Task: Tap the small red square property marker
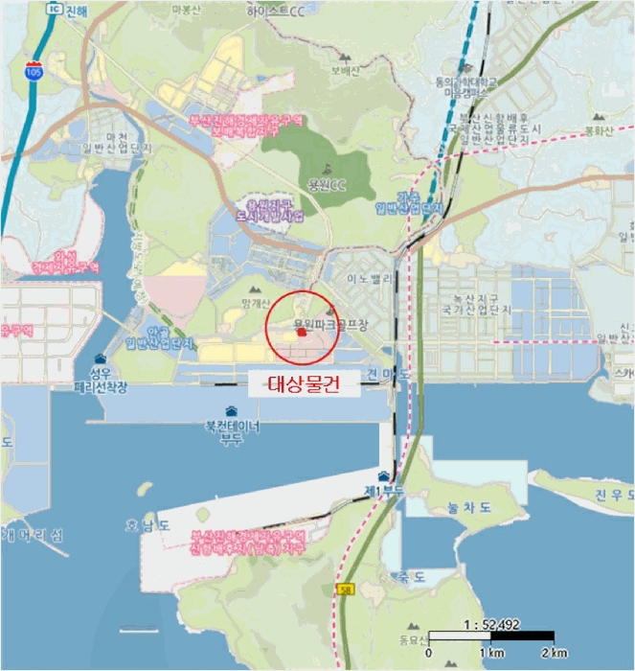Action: point(301,334)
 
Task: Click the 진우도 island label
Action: point(611,495)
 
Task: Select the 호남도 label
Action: point(149,524)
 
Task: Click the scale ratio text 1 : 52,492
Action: point(489,624)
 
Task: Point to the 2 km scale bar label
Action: point(554,653)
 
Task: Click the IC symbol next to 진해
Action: point(54,8)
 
